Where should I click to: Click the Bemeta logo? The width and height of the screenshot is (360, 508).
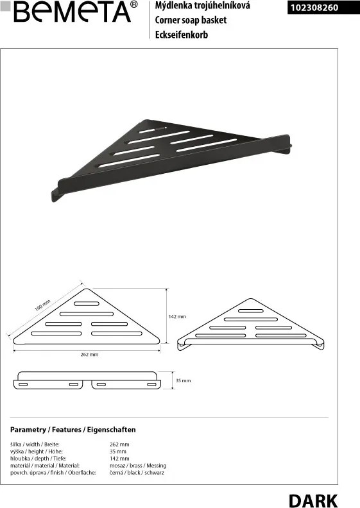pos(72,12)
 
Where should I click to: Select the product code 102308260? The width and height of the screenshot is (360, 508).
pos(314,8)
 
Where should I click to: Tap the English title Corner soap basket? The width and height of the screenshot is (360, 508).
pos(191,20)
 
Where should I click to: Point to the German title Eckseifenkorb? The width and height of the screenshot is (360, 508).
pos(182,35)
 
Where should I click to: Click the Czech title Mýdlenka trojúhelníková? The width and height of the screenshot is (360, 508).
pos(203,6)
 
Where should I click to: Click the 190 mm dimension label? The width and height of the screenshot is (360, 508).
pos(42,305)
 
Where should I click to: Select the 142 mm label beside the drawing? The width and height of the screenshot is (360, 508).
pos(177,316)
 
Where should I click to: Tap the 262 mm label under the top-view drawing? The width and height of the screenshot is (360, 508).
pos(89,355)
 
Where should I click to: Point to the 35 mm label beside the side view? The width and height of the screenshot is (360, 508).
pos(183,380)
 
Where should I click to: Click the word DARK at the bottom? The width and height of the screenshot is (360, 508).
pos(313,500)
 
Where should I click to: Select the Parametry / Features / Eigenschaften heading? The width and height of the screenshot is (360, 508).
pos(73,430)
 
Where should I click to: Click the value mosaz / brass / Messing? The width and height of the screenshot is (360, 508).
pos(138,466)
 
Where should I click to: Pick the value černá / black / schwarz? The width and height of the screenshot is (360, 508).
pos(137,473)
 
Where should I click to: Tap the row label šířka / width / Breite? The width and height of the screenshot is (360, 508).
pos(35,444)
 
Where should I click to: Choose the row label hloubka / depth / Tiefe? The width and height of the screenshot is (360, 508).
pos(39,459)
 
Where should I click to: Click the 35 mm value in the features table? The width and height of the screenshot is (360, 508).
pos(118,452)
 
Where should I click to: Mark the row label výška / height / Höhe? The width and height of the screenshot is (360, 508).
pos(37,452)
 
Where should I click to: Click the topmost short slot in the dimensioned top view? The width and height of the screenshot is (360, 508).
pos(87,303)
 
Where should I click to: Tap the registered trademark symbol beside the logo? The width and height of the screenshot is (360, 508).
pos(133,4)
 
